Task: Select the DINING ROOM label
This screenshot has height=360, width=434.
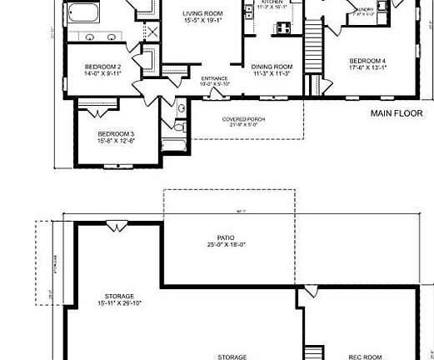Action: click(271, 67)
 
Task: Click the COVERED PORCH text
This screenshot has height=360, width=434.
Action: click(243, 119)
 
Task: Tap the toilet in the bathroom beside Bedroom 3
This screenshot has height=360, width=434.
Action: click(182, 111)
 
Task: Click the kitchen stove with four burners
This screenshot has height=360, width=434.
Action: click(283, 27)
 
